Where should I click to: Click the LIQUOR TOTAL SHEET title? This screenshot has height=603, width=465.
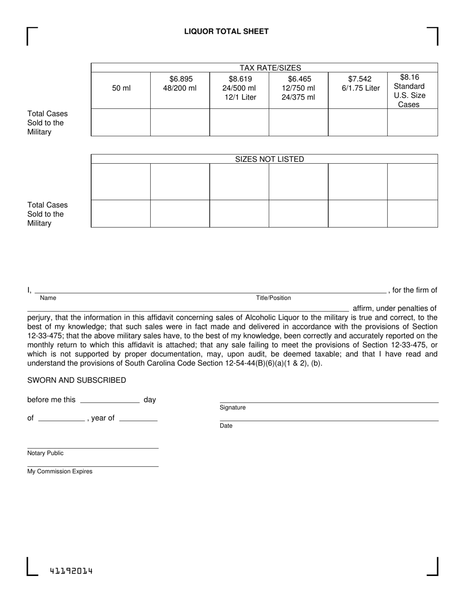coord(226,31)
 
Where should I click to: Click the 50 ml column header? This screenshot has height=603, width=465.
coord(121,88)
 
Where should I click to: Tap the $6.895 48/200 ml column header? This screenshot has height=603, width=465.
coord(180,84)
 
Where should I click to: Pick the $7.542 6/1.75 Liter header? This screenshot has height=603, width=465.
coord(360,84)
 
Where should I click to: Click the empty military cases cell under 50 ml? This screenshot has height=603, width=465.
coord(121,122)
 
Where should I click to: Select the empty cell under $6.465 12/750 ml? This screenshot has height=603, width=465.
coord(298,122)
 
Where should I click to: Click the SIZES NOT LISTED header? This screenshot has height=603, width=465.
coord(270,159)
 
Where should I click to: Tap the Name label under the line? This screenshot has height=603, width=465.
coord(48,298)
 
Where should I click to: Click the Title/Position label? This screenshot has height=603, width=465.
coord(273,298)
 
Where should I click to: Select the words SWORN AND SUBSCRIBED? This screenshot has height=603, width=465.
coord(76,380)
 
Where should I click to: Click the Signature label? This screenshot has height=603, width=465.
coord(232,408)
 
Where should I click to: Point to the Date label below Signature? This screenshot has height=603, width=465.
coord(226,426)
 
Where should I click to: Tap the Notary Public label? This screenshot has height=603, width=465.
coord(46,453)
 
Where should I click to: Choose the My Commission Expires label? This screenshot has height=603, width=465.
coord(60,472)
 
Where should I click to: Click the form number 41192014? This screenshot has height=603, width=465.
coord(71,571)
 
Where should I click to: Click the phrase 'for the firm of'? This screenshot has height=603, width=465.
coord(415,290)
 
